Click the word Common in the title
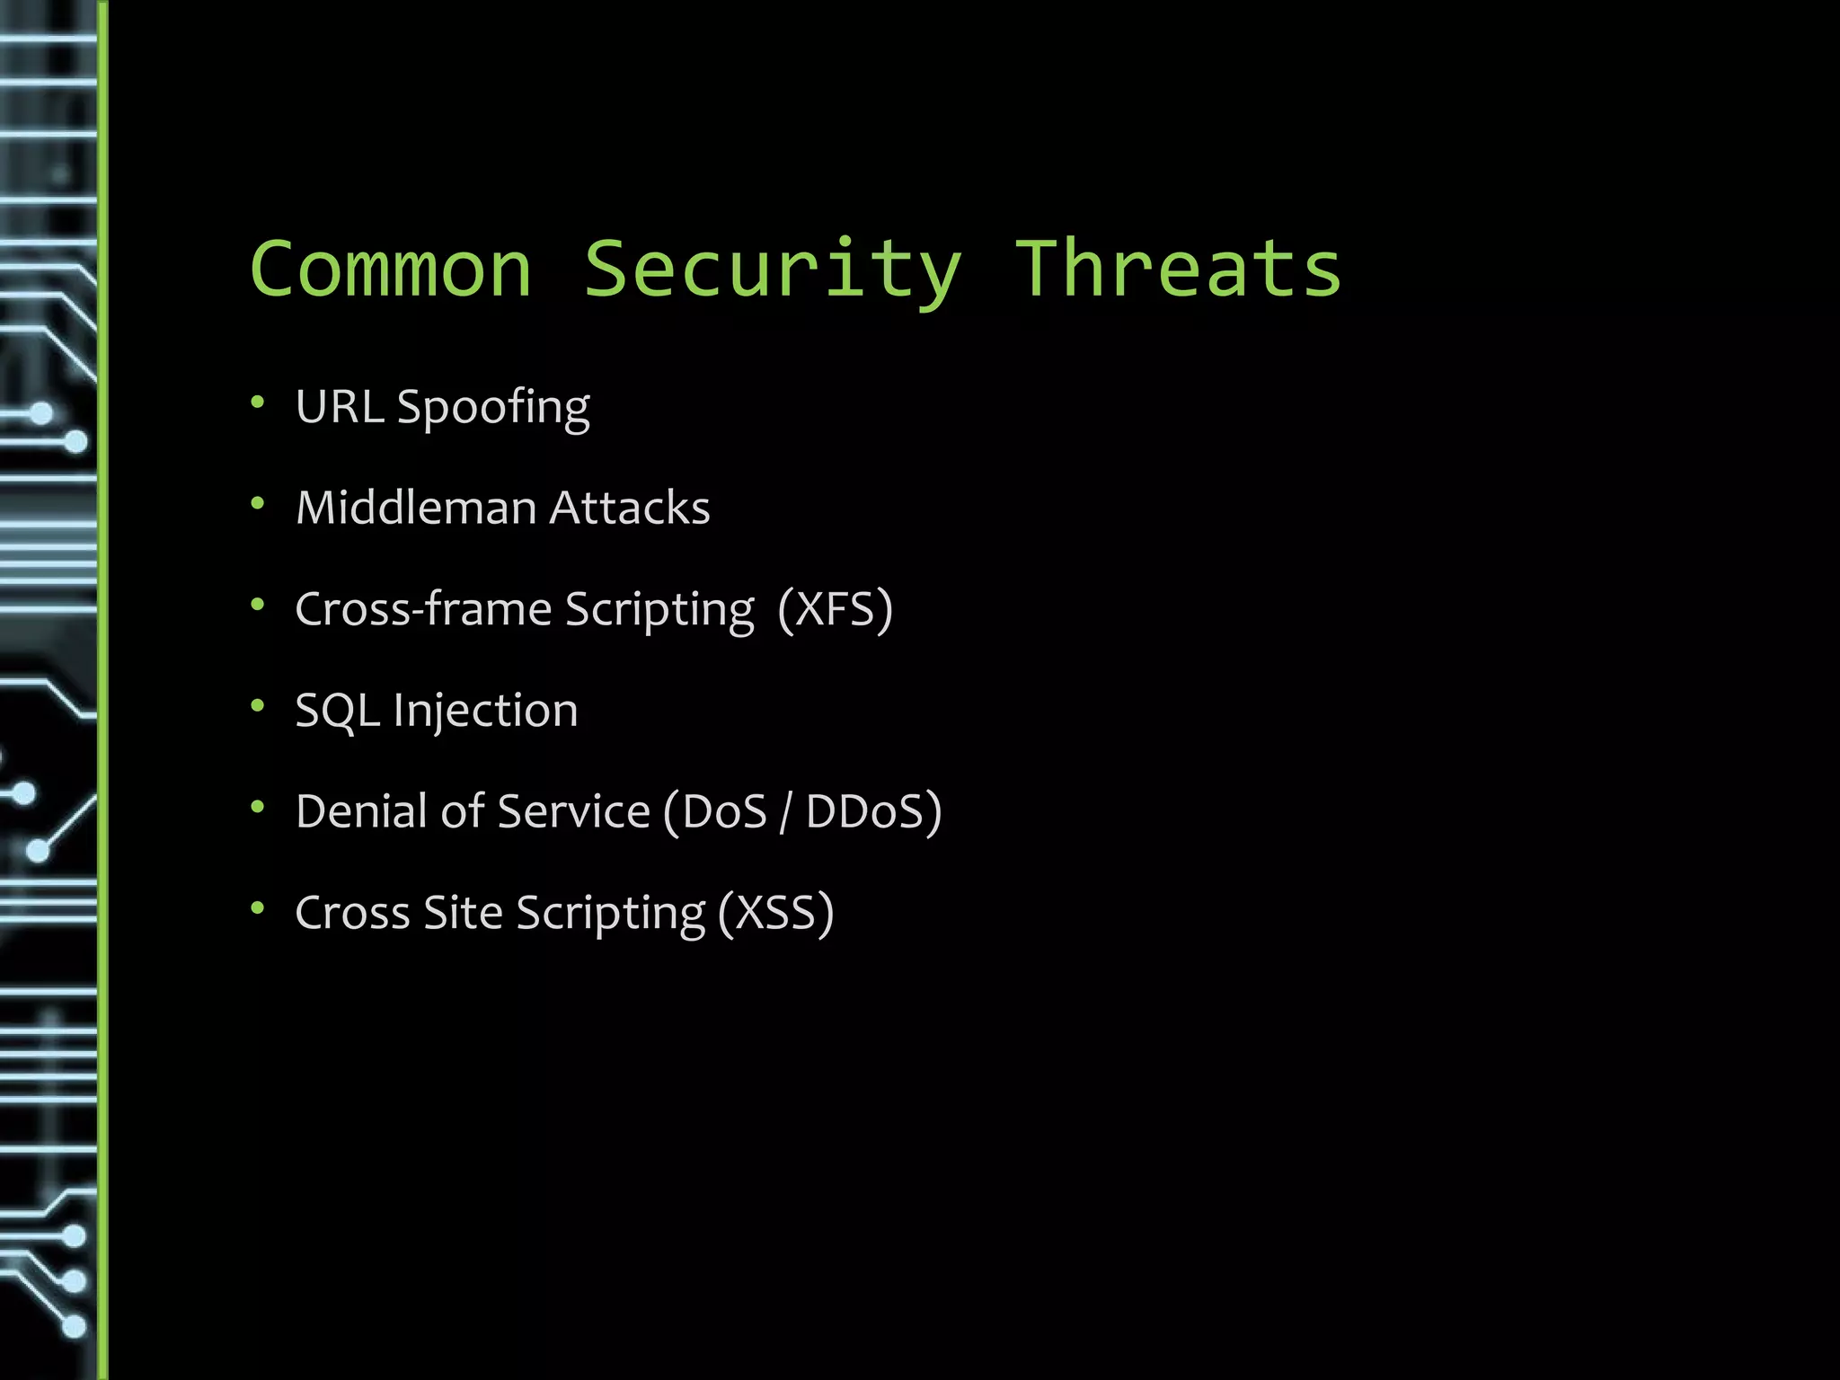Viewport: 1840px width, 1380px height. pos(391,270)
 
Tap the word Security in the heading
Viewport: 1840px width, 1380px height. pos(773,270)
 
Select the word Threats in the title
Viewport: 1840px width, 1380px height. pos(1177,270)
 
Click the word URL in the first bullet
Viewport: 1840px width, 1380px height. pos(340,407)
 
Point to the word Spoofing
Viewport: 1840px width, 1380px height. pos(493,409)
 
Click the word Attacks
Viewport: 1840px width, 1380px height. pos(630,508)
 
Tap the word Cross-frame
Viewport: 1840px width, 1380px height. pos(423,609)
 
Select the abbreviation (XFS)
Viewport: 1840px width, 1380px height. pos(836,609)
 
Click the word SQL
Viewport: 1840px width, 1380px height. pos(337,711)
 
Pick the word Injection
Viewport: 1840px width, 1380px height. pos(485,711)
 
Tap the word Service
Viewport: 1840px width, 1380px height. pos(573,811)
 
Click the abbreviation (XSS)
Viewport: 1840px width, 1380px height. pos(776,913)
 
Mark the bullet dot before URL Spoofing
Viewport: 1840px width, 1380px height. pos(258,402)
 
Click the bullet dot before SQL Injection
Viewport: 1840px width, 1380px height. pos(258,705)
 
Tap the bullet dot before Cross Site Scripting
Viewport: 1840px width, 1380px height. pos(258,907)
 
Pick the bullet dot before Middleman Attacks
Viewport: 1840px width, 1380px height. pos(258,503)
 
